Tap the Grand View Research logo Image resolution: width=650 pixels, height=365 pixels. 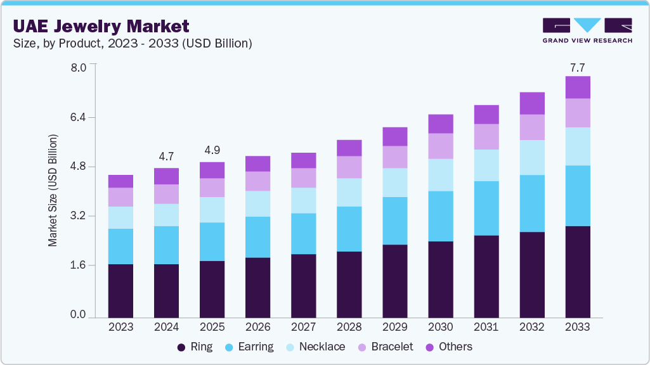pos(587,30)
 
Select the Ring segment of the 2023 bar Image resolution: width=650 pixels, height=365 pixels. pos(120,290)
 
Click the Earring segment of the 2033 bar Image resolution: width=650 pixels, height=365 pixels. pos(578,195)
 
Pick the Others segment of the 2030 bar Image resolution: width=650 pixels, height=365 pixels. pos(441,124)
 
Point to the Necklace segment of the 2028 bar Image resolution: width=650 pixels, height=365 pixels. pos(349,192)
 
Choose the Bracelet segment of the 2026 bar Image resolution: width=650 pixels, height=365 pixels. pos(258,181)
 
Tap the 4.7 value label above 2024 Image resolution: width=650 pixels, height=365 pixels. pos(166,157)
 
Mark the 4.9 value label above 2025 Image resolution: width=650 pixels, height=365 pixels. pos(212,150)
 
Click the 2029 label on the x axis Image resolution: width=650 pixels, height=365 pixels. pos(395,327)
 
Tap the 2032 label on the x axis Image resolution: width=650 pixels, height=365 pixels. pos(532,327)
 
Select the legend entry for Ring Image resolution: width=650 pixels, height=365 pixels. pos(195,347)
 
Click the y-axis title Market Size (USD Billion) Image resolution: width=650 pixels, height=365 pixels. pos(53,190)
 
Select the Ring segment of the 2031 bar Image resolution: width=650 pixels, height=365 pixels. pos(486,276)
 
